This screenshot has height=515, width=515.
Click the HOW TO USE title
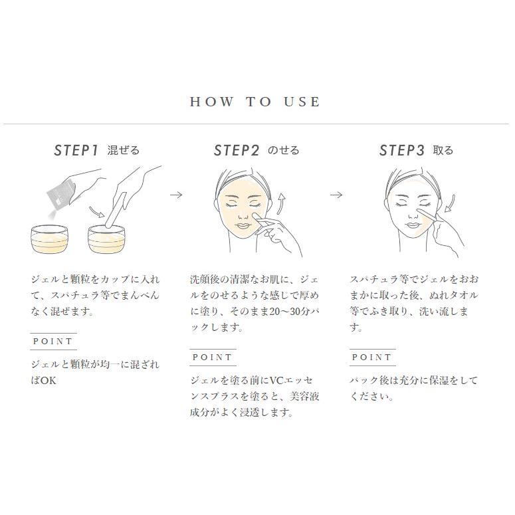click(x=255, y=102)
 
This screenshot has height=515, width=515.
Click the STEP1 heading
click(x=76, y=151)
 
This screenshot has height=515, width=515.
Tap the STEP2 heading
click(x=236, y=151)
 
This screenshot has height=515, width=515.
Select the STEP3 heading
click(x=401, y=151)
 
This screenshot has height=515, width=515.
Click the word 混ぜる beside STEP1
click(x=124, y=151)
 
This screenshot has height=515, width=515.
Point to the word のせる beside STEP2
click(x=284, y=151)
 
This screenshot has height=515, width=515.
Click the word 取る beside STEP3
click(x=443, y=151)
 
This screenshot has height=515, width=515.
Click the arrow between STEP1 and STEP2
click(x=176, y=195)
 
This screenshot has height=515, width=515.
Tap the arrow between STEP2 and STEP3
click(x=337, y=195)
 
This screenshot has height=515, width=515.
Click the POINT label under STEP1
click(x=52, y=341)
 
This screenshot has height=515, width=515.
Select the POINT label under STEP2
click(x=213, y=357)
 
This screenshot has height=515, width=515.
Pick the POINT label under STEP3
click(x=372, y=357)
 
